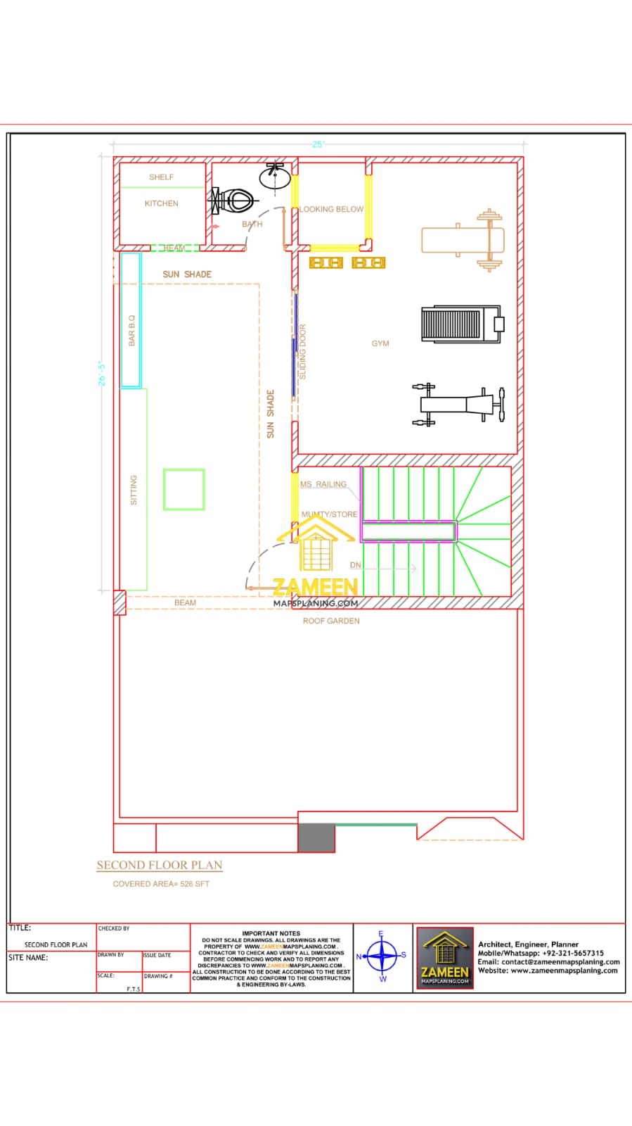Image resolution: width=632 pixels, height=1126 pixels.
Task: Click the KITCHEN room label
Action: [161, 203]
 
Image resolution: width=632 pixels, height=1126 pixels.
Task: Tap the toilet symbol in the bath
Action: [232, 201]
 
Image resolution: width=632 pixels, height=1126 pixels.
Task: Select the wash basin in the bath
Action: [275, 176]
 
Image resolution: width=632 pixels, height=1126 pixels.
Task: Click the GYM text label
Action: [380, 343]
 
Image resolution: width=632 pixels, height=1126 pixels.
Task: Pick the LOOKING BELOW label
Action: [331, 209]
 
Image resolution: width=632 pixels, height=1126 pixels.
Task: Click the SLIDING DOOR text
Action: [303, 351]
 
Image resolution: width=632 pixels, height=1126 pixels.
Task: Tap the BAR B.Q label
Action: [131, 330]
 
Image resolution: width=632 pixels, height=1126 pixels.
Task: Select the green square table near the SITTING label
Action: [184, 489]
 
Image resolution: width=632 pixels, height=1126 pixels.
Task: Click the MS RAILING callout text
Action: [323, 484]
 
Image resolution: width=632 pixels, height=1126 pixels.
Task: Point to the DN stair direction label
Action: [356, 565]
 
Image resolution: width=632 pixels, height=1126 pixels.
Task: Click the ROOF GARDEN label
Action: [331, 621]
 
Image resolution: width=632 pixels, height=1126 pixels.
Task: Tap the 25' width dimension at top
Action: [318, 144]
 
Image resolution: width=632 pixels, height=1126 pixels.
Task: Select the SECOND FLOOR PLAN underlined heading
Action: [160, 865]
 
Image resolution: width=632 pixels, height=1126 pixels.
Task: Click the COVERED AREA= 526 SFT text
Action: [161, 884]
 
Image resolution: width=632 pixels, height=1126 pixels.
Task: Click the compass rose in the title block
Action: [382, 956]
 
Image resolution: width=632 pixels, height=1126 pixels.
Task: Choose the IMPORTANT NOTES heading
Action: [271, 933]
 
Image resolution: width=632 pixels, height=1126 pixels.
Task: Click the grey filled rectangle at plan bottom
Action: [316, 837]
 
